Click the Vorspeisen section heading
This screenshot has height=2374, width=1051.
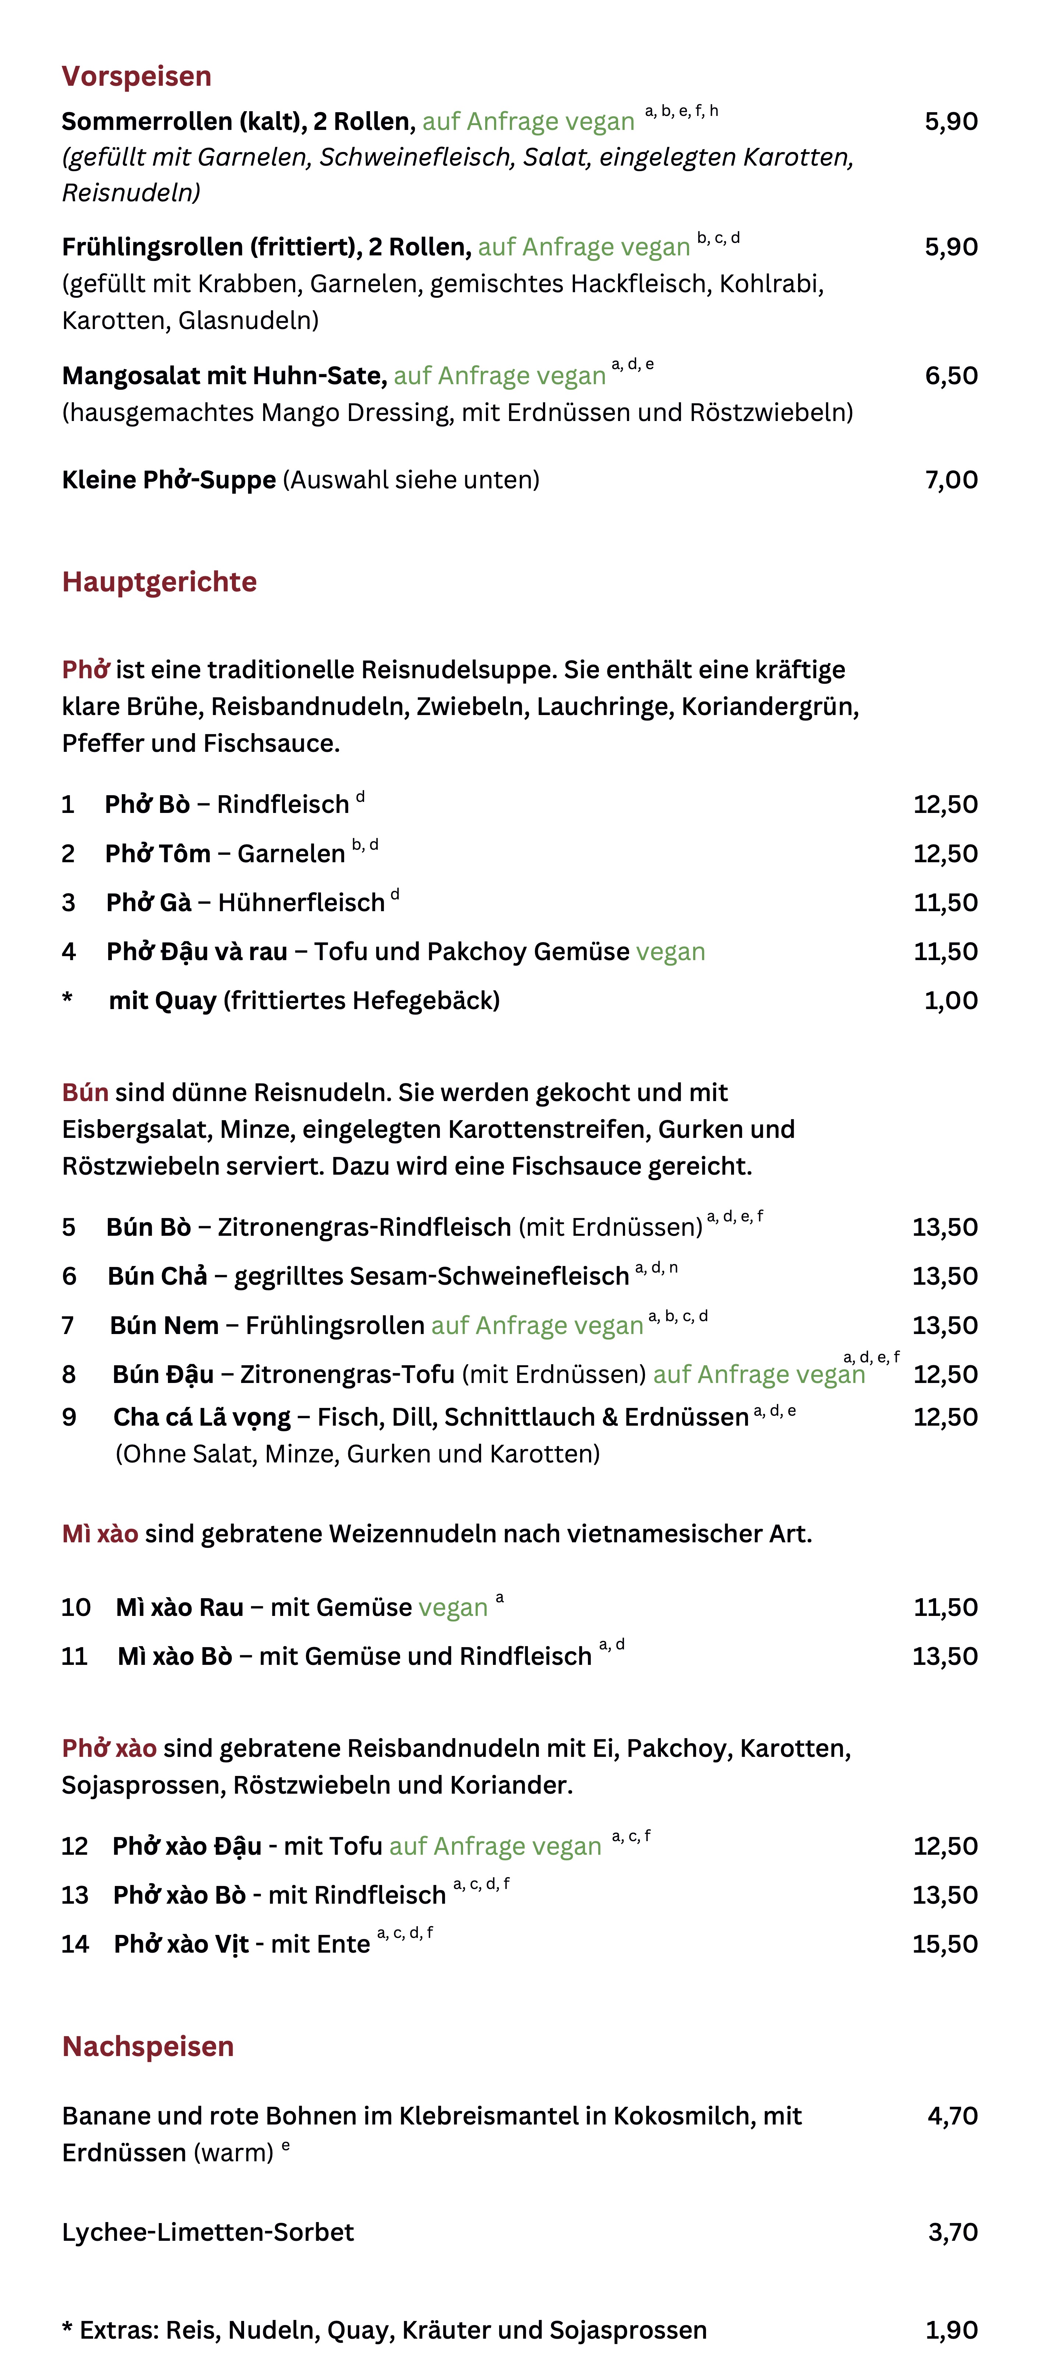[137, 77]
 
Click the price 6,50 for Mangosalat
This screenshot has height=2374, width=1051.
[951, 376]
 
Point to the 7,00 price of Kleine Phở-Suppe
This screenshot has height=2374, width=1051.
[951, 480]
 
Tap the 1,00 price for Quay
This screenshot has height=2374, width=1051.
[951, 1001]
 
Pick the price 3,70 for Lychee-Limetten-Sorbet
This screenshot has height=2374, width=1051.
[952, 2232]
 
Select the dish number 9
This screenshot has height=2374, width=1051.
[69, 1418]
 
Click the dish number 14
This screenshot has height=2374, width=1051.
[75, 1945]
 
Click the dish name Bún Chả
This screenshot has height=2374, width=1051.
[158, 1276]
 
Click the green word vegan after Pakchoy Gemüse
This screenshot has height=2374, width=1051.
[670, 952]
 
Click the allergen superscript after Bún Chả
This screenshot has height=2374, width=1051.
[656, 1268]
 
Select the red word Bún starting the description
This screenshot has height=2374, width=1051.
[85, 1093]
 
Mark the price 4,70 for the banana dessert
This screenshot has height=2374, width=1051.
[952, 2116]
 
